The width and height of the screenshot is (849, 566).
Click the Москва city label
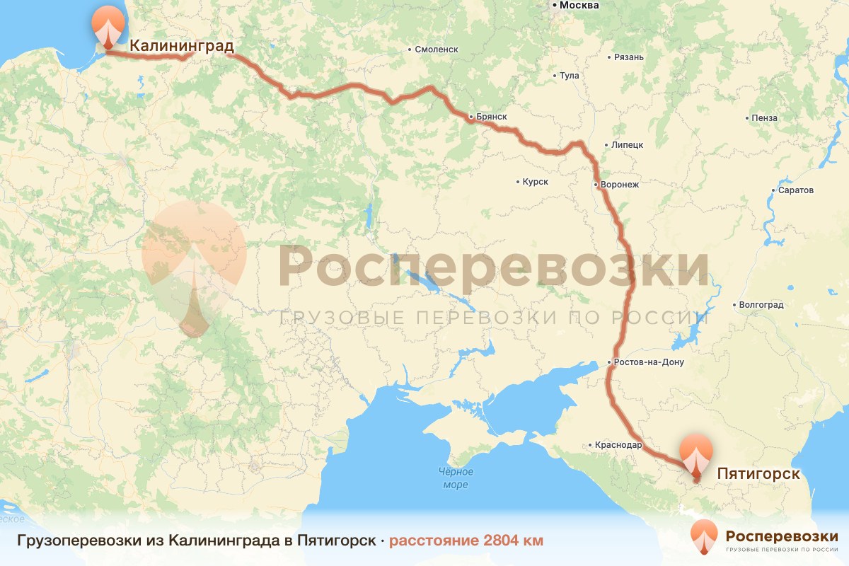(579, 6)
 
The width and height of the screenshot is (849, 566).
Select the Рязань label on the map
(629, 57)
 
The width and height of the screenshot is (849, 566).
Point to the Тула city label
(569, 76)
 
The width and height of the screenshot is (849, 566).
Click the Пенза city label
(765, 118)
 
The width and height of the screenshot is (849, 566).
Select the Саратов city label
(795, 190)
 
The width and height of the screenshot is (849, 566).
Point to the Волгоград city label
(761, 306)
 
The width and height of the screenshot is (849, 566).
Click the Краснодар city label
(618, 446)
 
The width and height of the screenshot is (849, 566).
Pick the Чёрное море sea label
(455, 478)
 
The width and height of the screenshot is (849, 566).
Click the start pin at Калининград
(107, 28)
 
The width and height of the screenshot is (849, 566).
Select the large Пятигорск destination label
(758, 473)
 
